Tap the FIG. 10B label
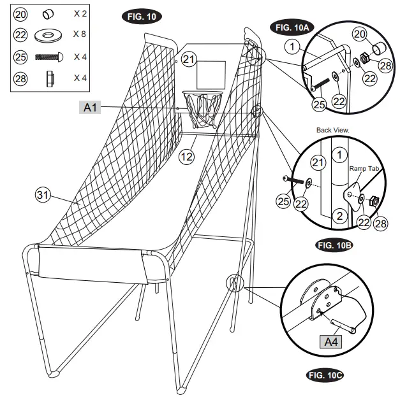pos(334,245)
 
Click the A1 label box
pos(91,108)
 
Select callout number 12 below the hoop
pos(186,155)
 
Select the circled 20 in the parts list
pos(20,13)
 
